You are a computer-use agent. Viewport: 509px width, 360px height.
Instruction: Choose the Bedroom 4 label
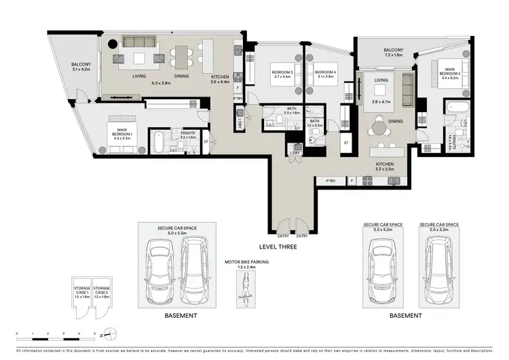[x=326, y=73]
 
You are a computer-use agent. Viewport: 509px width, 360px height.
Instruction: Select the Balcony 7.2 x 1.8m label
[x=393, y=52]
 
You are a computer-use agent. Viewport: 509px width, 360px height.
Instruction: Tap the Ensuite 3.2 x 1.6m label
[x=188, y=135]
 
